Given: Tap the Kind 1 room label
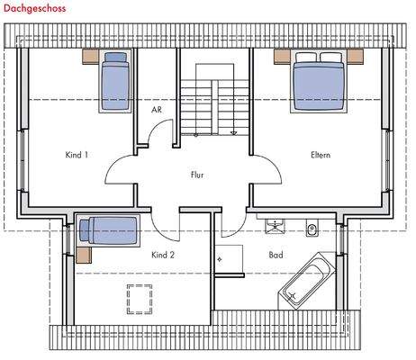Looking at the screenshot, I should coord(77,155).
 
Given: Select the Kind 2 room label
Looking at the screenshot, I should coord(163,255).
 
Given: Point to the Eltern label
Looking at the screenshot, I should coord(320,155).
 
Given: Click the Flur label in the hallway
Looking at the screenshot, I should coord(198,175).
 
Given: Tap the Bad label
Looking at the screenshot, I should coord(276,255).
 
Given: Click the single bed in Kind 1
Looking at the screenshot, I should coord(113,82).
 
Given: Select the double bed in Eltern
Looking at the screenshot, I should coord(317,81).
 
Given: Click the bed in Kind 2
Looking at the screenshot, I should coord(107,229).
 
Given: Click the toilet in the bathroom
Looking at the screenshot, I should coord(311,227).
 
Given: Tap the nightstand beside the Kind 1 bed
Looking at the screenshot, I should coord(91,56).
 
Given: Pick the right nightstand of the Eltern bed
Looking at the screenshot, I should coord(353,56).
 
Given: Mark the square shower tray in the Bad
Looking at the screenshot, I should coord(230,255).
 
